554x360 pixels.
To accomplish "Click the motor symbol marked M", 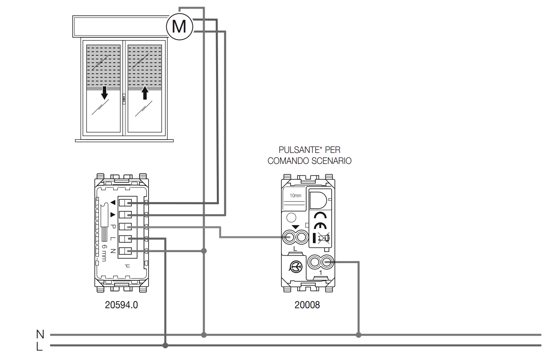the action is tap(179, 26).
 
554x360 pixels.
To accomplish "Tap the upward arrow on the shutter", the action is tap(145, 93).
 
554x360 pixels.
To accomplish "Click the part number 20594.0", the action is tap(121, 305).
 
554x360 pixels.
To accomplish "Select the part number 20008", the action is tap(307, 305).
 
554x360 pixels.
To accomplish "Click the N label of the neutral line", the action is tap(40, 334).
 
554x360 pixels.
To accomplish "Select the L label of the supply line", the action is tap(39, 347).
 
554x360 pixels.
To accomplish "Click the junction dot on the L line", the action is tap(165, 345).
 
